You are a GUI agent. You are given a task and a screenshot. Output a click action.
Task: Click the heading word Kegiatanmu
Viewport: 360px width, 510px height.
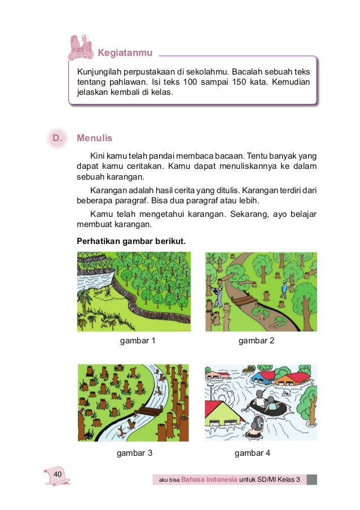click(x=125, y=53)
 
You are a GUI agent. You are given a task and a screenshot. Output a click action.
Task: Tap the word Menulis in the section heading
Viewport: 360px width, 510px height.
click(x=95, y=138)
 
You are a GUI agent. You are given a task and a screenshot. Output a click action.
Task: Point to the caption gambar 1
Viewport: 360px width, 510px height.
click(x=138, y=341)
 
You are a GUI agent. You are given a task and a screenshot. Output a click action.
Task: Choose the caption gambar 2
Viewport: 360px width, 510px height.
click(x=256, y=341)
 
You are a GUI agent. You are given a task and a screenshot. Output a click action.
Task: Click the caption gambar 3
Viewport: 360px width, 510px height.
click(x=134, y=452)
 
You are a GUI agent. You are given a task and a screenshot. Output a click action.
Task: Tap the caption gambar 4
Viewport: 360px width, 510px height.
click(x=252, y=452)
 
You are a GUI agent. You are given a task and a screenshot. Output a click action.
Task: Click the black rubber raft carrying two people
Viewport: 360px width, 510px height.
click(x=265, y=406)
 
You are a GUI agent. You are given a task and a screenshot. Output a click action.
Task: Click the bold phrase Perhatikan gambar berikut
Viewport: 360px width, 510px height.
click(x=130, y=241)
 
